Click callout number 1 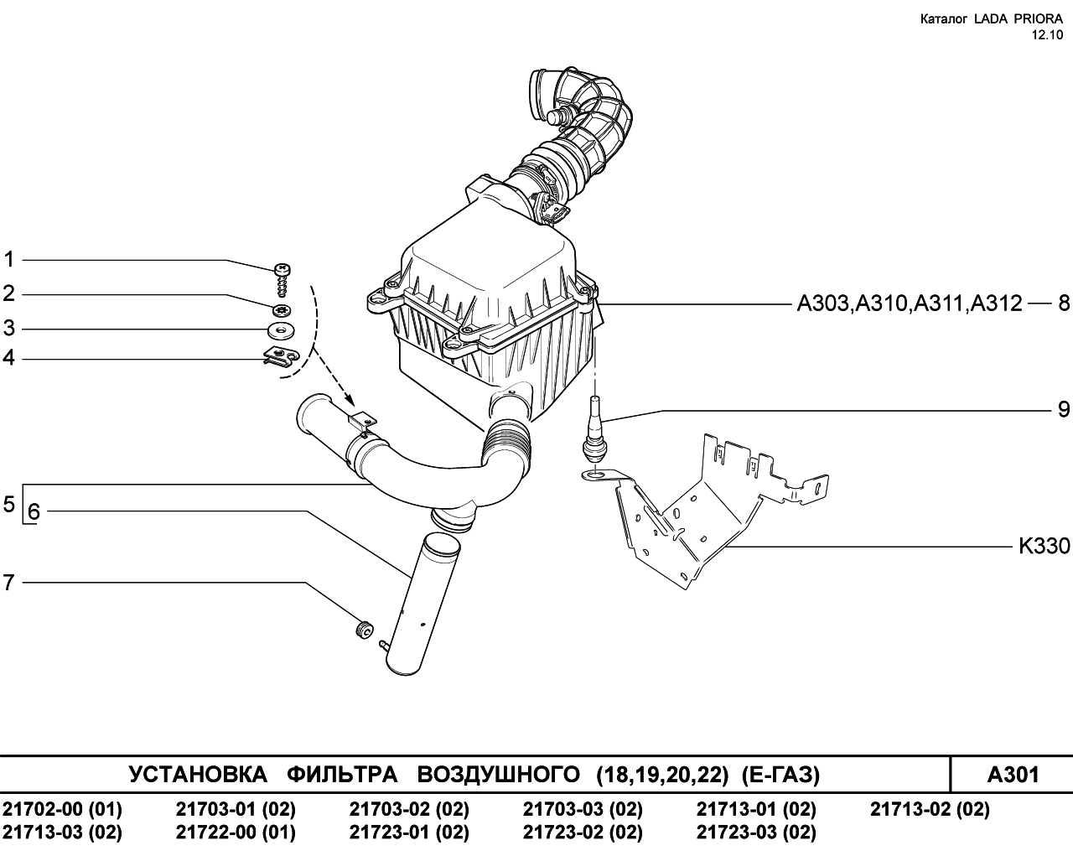coord(9,260)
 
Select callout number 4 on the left coord(9,358)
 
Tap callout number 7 coord(9,582)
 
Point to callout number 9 coord(1064,409)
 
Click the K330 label coord(1044,547)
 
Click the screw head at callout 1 coord(283,269)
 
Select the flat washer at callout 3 coord(281,330)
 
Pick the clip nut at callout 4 coord(281,355)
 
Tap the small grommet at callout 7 coord(364,629)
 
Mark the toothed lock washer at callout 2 coord(282,309)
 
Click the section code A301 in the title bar coord(1013,775)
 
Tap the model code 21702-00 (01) coord(62,809)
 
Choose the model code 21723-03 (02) coord(756,833)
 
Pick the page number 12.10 coord(1046,35)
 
